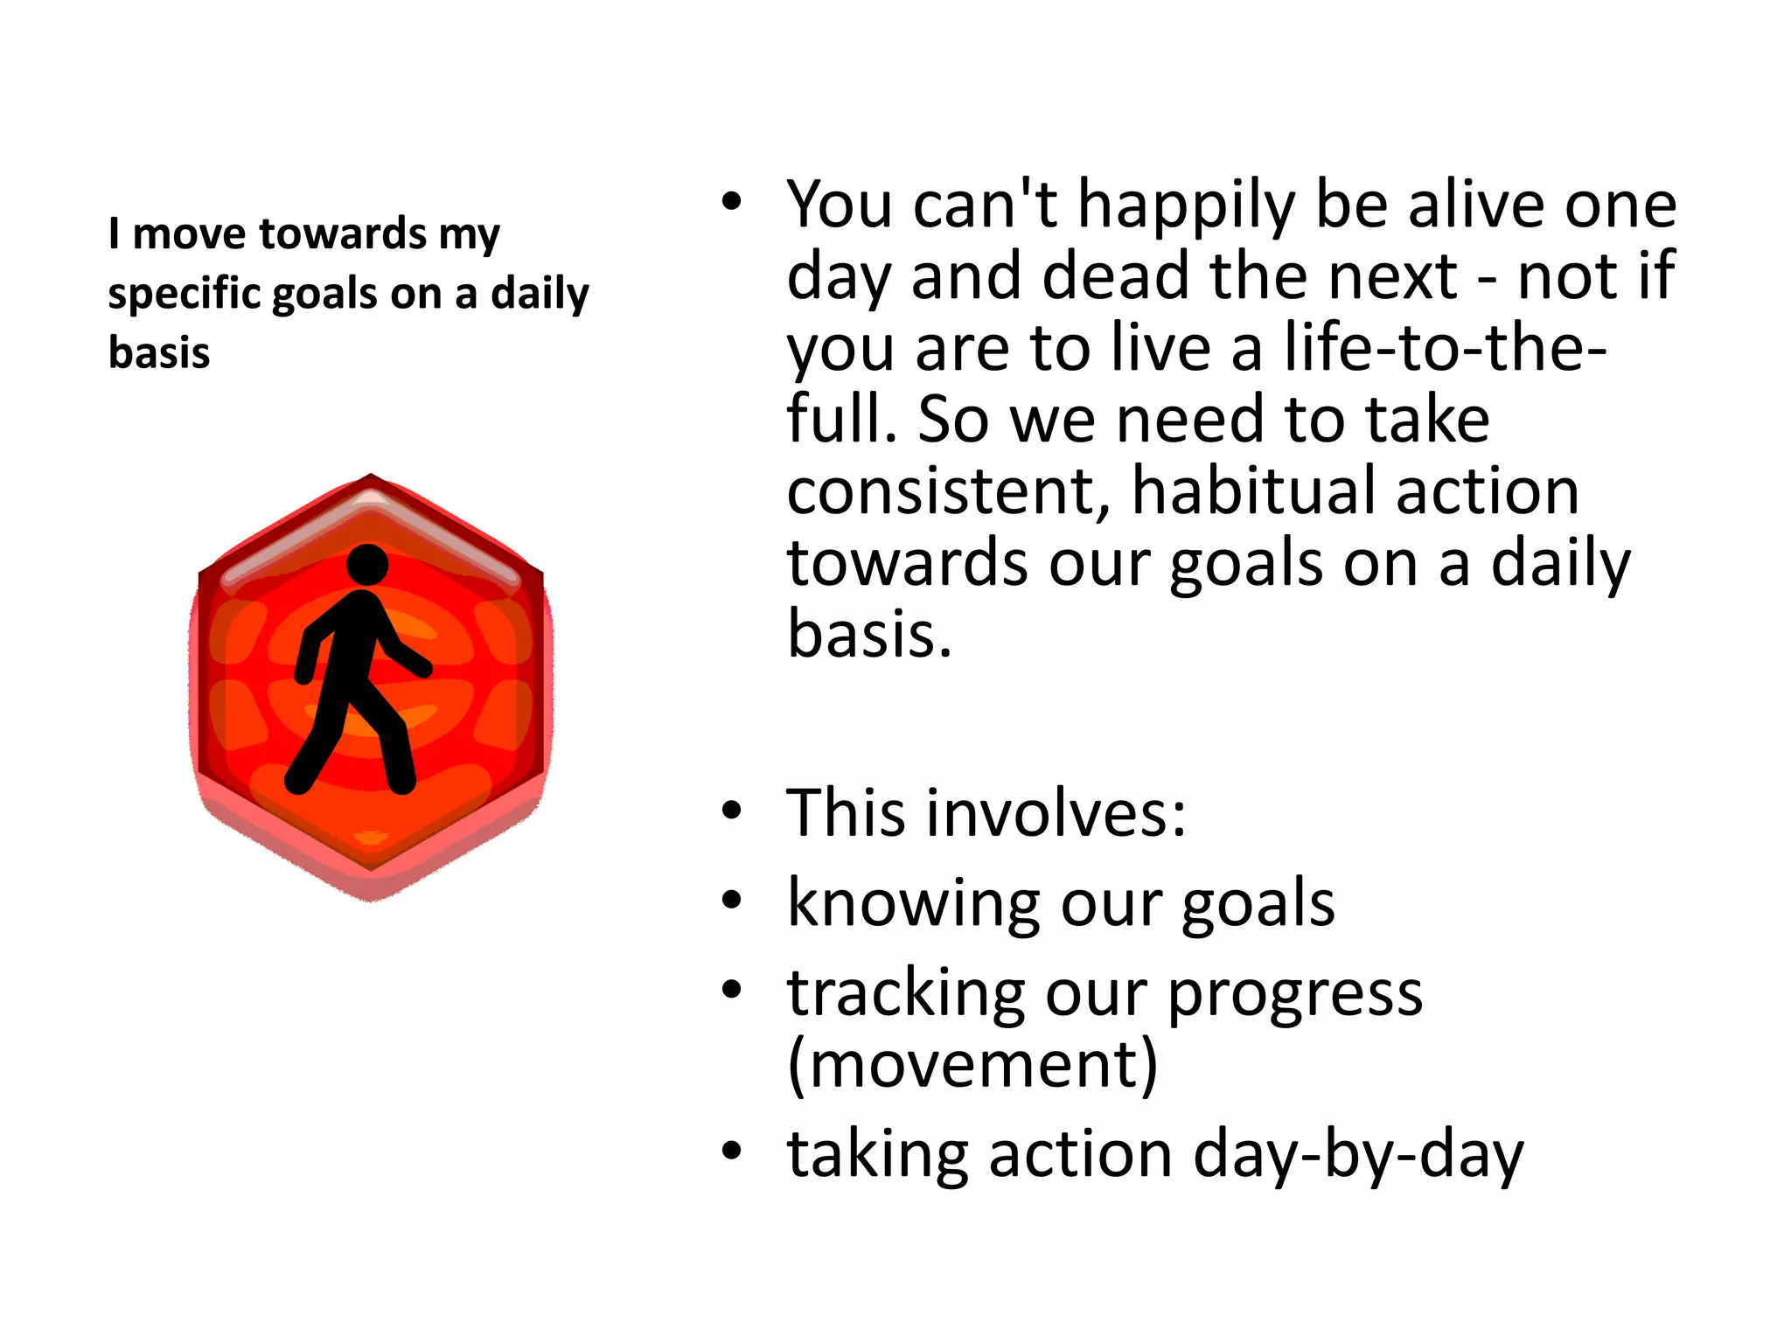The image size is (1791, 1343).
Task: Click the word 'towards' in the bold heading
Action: (343, 233)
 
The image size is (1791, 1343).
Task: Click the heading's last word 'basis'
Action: (159, 352)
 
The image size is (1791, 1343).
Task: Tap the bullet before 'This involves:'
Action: (732, 811)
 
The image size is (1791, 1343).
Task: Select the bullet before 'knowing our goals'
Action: (732, 900)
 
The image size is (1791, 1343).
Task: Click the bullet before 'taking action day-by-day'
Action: (732, 1152)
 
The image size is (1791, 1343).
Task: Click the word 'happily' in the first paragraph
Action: (1185, 206)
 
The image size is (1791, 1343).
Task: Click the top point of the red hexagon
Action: (371, 477)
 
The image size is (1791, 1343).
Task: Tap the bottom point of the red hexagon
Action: (371, 897)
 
